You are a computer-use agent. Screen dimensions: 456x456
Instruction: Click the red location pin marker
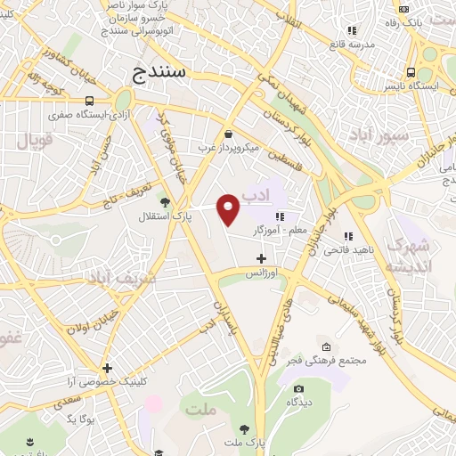229,208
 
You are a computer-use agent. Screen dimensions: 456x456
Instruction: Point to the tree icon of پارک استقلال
164,200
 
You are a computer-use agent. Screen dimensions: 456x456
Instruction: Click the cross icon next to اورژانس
260,258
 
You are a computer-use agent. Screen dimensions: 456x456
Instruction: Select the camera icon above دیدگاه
297,388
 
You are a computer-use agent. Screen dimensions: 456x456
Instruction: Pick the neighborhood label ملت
202,409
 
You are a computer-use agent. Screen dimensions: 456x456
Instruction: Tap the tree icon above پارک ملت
245,428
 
